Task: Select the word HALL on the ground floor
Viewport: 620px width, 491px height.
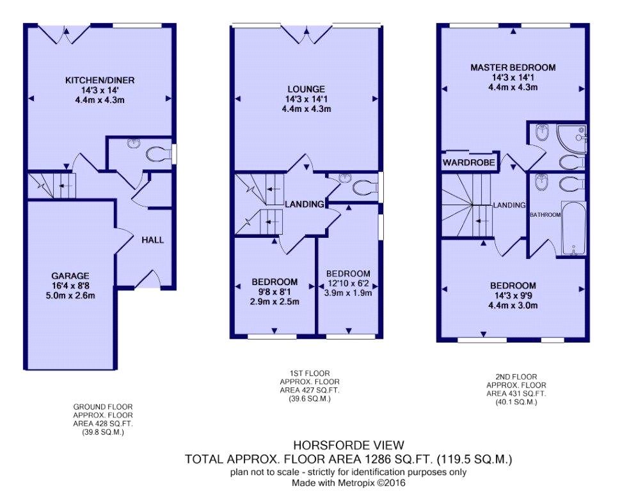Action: [x=152, y=240]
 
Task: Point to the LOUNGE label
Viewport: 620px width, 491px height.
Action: [x=306, y=89]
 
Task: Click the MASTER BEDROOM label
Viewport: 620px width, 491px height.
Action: [x=513, y=67]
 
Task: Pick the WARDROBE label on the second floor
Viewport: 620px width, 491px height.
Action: [x=470, y=163]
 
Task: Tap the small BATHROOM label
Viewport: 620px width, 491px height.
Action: [x=545, y=215]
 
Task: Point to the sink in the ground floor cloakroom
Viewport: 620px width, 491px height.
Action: [x=133, y=144]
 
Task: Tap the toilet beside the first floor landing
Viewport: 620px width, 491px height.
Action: [x=363, y=188]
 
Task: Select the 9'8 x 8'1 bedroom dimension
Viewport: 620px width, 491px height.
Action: [x=274, y=291]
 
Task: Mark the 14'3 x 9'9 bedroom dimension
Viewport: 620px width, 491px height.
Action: [x=513, y=295]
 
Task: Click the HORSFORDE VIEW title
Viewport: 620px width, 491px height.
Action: [x=348, y=445]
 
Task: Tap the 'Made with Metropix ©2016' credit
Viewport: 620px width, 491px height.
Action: [x=348, y=483]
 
